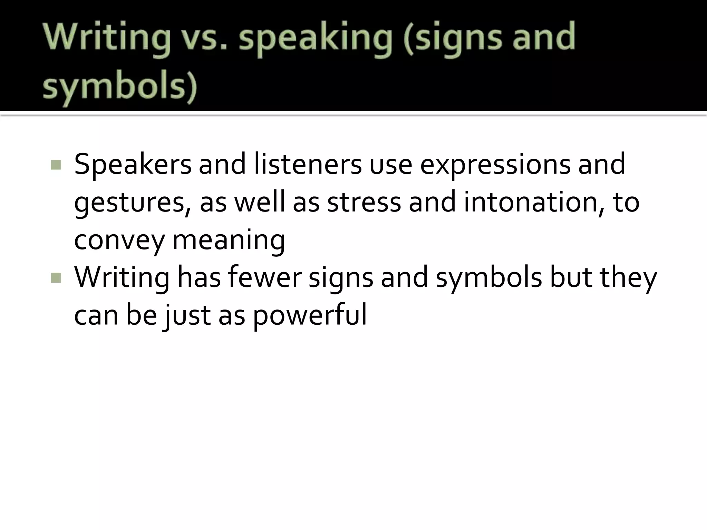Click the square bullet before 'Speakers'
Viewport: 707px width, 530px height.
click(55, 165)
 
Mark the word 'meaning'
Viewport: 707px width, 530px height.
click(229, 241)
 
